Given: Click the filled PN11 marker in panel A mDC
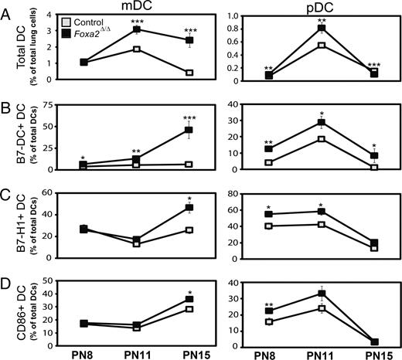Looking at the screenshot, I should click(x=136, y=29).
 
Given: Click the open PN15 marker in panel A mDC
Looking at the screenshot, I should click(x=188, y=73).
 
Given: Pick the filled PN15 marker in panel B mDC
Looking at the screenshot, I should click(x=188, y=130).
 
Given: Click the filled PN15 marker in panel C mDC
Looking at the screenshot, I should click(x=188, y=208).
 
